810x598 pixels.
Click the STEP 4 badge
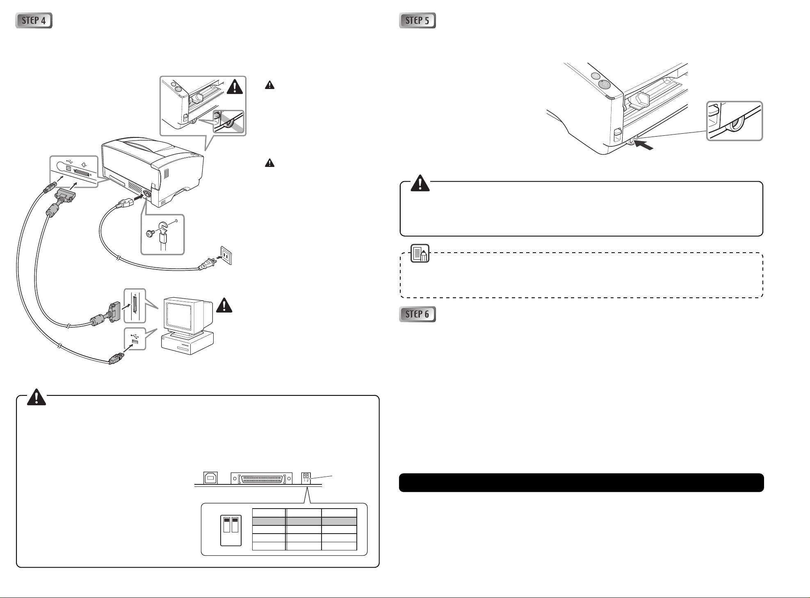pyautogui.click(x=34, y=21)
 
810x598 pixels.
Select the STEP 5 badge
pyautogui.click(x=418, y=21)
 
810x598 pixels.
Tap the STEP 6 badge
pyautogui.click(x=418, y=315)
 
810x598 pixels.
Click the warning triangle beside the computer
pyautogui.click(x=224, y=306)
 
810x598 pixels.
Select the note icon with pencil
pyautogui.click(x=420, y=253)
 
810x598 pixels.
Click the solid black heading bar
pyautogui.click(x=581, y=483)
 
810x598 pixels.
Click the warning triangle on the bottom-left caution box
pyautogui.click(x=37, y=397)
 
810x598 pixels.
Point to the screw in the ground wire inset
pyautogui.click(x=150, y=233)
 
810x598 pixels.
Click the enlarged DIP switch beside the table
pyautogui.click(x=231, y=530)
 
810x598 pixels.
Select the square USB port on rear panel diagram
pyautogui.click(x=210, y=478)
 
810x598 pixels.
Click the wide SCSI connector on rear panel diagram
pyautogui.click(x=261, y=479)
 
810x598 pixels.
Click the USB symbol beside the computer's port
pyautogui.click(x=135, y=334)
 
